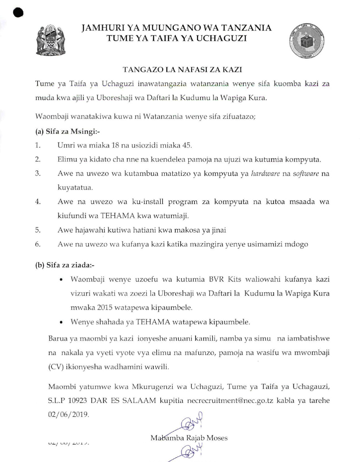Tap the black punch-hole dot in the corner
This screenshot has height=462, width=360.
pyautogui.click(x=18, y=12)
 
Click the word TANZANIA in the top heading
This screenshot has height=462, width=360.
pyautogui.click(x=247, y=28)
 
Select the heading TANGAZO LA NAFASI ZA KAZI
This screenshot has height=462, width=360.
pyautogui.click(x=182, y=70)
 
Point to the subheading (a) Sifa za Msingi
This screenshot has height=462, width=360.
pyautogui.click(x=67, y=132)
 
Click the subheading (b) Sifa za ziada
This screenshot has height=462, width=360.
pyautogui.click(x=65, y=265)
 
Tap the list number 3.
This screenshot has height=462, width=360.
pyautogui.click(x=38, y=174)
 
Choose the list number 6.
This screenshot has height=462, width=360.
pyautogui.click(x=38, y=244)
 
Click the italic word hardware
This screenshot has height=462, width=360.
pyautogui.click(x=265, y=174)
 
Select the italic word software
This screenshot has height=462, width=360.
pyautogui.click(x=306, y=174)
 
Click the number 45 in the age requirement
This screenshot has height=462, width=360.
pyautogui.click(x=187, y=145)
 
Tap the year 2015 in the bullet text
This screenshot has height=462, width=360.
pyautogui.click(x=105, y=308)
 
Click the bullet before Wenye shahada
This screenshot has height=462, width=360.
pyautogui.click(x=61, y=322)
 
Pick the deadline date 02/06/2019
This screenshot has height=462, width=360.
pyautogui.click(x=68, y=415)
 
